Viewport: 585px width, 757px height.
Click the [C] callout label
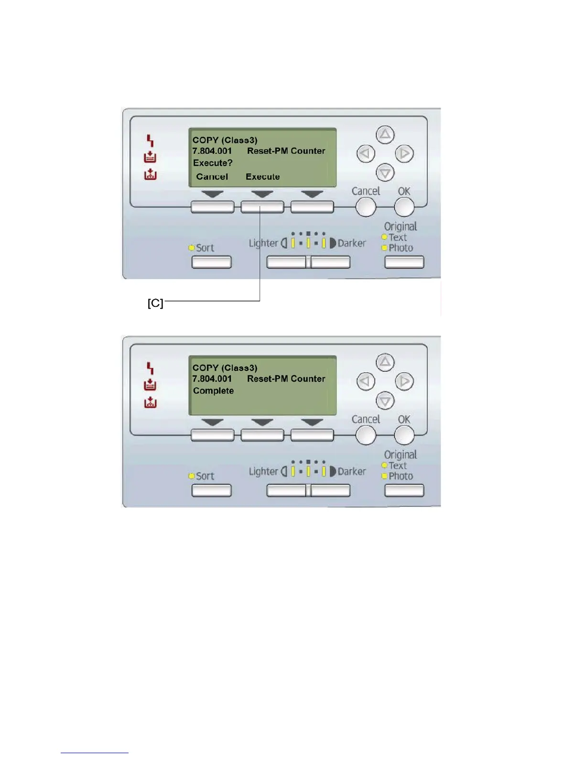155,303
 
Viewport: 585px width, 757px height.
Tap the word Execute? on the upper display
213,163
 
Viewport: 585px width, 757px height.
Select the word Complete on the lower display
213,391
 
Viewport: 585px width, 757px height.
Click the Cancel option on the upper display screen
212,177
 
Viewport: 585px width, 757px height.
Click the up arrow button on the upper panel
385,135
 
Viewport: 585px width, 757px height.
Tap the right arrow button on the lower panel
404,381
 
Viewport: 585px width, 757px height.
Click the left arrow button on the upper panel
366,153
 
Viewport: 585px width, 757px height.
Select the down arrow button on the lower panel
385,400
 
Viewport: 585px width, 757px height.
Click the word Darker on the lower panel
352,471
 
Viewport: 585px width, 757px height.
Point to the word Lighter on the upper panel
263,243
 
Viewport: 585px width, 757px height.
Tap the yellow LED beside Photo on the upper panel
384,248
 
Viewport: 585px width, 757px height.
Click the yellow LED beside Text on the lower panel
384,465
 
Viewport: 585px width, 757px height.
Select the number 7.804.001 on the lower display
212,379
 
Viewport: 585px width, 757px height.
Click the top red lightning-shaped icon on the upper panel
150,141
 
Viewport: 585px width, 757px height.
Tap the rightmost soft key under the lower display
312,435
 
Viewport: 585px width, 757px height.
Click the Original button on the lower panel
404,490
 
